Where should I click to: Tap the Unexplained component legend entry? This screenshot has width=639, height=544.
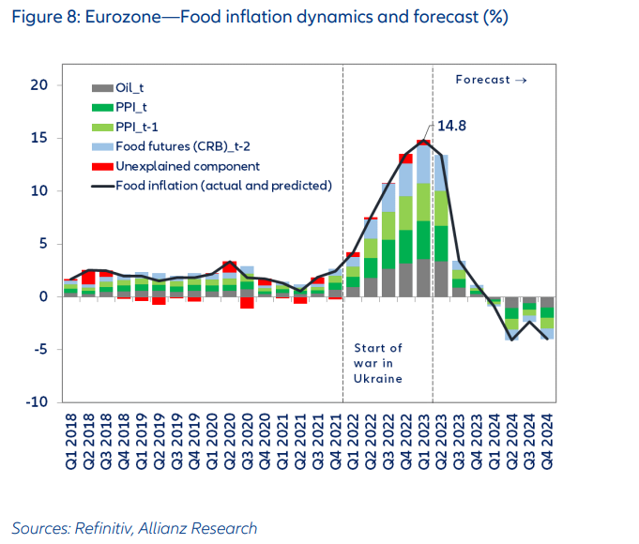pyautogui.click(x=174, y=166)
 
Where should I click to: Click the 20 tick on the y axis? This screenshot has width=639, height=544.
pyautogui.click(x=38, y=85)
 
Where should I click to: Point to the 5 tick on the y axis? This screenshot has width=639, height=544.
pyautogui.click(x=42, y=244)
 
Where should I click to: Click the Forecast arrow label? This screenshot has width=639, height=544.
pyautogui.click(x=491, y=80)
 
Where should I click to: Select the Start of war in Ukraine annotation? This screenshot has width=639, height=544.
pyautogui.click(x=378, y=363)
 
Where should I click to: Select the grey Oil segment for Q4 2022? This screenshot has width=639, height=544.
pyautogui.click(x=405, y=280)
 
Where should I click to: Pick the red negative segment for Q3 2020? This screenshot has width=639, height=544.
pyautogui.click(x=247, y=302)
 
